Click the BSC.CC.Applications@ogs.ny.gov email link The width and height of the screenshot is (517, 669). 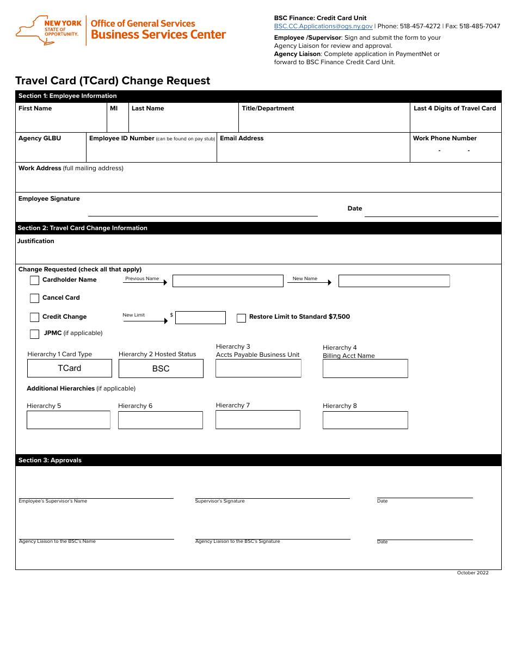click(323, 26)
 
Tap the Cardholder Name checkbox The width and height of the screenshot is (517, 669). click(34, 281)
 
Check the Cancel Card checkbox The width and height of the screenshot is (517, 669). click(34, 298)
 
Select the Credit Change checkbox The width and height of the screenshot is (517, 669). click(34, 317)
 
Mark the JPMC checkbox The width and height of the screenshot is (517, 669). click(34, 334)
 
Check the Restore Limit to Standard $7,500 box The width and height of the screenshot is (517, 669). click(241, 318)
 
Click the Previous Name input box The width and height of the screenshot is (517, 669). click(227, 281)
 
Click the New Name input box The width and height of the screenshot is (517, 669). click(394, 281)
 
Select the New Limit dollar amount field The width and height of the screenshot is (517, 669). click(200, 318)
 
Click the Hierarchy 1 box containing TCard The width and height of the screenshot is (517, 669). click(70, 368)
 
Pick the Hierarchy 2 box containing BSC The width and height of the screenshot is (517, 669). click(161, 369)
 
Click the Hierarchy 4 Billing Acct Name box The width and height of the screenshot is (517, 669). click(365, 368)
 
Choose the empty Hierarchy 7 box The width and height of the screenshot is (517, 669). click(258, 419)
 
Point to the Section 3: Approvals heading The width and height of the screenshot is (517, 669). click(50, 460)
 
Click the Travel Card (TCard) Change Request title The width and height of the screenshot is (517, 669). click(113, 80)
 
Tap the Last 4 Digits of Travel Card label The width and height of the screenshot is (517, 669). click(455, 108)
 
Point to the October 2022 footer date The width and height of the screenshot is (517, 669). click(472, 573)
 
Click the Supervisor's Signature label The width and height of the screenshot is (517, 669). click(220, 501)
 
